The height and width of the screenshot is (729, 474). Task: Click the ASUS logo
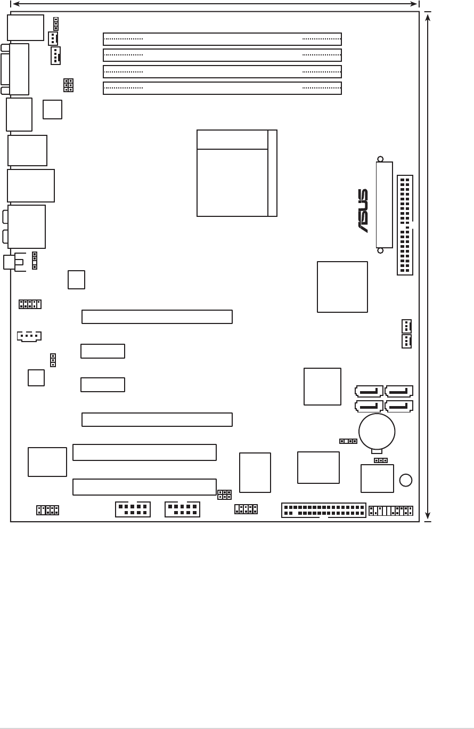click(x=363, y=210)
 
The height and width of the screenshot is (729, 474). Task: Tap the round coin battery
click(x=377, y=432)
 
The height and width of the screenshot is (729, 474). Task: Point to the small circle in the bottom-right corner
click(x=406, y=480)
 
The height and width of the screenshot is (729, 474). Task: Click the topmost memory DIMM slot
click(x=222, y=39)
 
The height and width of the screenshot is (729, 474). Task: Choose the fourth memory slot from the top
click(x=222, y=88)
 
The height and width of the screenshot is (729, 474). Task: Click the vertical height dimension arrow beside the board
click(x=428, y=266)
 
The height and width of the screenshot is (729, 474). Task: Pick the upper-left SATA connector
click(x=369, y=391)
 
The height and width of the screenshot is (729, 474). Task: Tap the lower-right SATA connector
click(x=399, y=406)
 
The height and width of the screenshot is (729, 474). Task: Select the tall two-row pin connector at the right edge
click(x=405, y=225)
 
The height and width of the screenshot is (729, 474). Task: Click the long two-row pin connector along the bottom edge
click(x=324, y=511)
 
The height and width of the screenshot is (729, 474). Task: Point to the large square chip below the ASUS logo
click(x=342, y=287)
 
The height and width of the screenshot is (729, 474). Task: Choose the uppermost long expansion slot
click(x=157, y=317)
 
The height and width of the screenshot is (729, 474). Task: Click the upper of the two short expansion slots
click(x=103, y=351)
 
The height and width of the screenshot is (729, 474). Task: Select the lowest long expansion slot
click(x=144, y=487)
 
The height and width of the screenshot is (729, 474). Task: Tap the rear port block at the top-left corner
click(x=26, y=28)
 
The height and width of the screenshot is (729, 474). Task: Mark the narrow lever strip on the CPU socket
click(x=272, y=173)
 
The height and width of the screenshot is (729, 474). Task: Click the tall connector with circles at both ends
click(x=384, y=205)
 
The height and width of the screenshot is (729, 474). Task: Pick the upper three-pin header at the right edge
click(x=406, y=326)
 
